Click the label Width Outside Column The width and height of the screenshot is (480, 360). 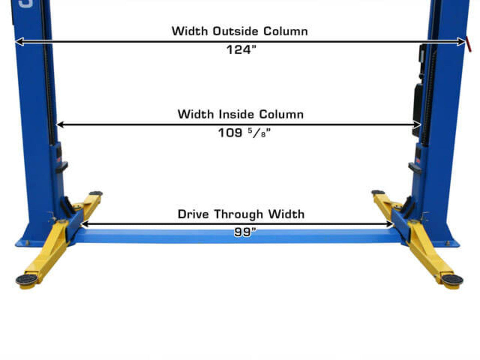pyautogui.click(x=240, y=31)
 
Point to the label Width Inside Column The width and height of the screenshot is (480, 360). pyautogui.click(x=240, y=114)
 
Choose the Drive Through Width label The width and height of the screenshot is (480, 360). pyautogui.click(x=241, y=214)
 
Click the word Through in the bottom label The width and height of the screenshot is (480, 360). pyautogui.click(x=239, y=214)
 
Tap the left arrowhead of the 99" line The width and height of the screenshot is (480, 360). pyautogui.click(x=84, y=225)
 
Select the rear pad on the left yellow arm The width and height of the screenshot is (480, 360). pyautogui.click(x=96, y=193)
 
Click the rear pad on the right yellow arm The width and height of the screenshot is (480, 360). pyautogui.click(x=378, y=192)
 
